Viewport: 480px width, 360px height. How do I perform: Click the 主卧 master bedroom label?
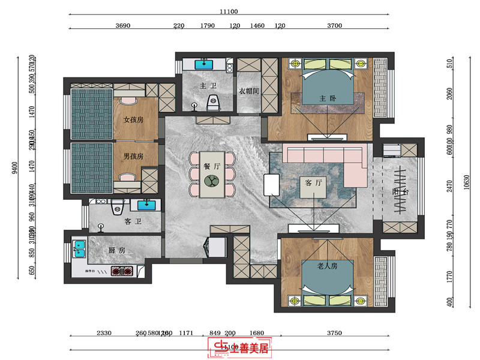(x=326, y=98)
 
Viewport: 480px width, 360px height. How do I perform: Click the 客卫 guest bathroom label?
(x=132, y=221)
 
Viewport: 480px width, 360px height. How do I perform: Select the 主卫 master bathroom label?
(x=207, y=86)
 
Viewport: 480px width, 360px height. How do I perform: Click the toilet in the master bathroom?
(x=212, y=103)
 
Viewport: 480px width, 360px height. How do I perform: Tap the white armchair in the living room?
(x=271, y=184)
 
